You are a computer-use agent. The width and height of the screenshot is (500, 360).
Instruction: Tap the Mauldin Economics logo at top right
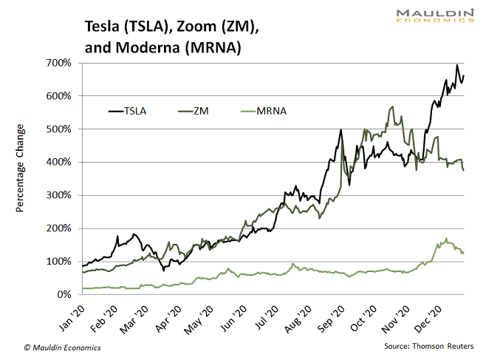tap(434, 16)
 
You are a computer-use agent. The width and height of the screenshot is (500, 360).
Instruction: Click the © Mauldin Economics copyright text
tap(62, 347)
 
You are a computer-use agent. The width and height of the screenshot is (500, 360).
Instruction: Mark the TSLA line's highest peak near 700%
tap(457, 65)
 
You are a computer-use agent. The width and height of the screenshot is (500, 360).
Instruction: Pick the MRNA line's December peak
tap(446, 239)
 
